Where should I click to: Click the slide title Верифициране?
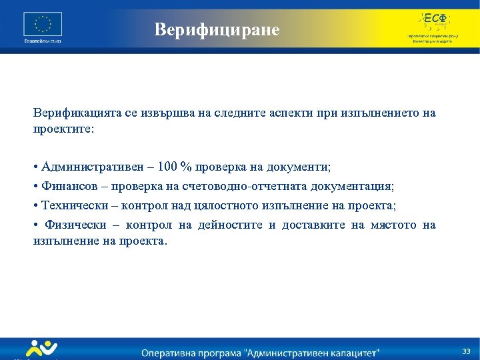pos(217,30)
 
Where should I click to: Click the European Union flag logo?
pos(43,25)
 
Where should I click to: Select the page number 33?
pos(466,351)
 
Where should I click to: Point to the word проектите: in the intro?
pos(64,128)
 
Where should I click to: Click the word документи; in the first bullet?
pos(301,165)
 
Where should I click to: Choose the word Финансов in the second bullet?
pos(69,185)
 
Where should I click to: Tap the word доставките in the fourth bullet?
pos(313,225)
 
